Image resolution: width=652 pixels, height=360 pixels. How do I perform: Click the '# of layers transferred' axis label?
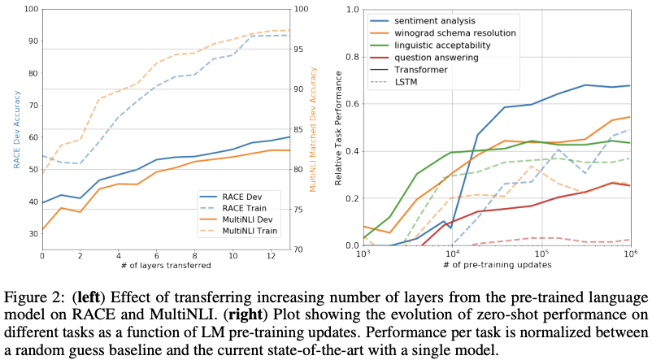[x=154, y=266]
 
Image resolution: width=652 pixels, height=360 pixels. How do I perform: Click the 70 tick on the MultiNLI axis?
[x=290, y=249]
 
